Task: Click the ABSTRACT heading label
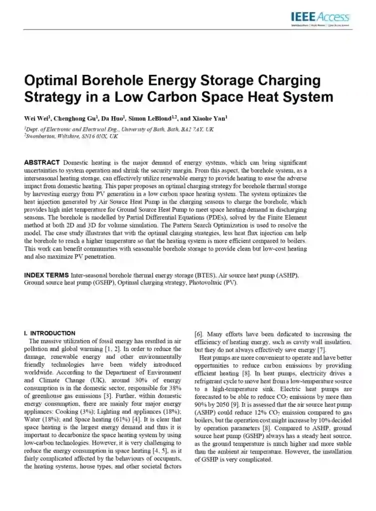coord(42,163)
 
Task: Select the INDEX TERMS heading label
coord(47,275)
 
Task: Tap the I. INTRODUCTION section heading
coord(49,333)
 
